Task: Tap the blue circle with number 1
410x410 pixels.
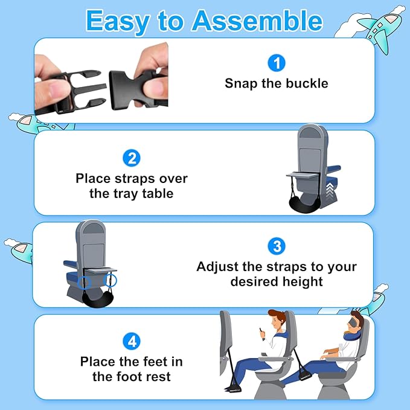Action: click(276, 62)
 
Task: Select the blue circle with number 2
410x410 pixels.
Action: click(132, 158)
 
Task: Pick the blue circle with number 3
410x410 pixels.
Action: click(277, 246)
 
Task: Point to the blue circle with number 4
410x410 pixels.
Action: click(132, 341)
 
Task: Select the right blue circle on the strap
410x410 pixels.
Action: click(111, 280)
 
